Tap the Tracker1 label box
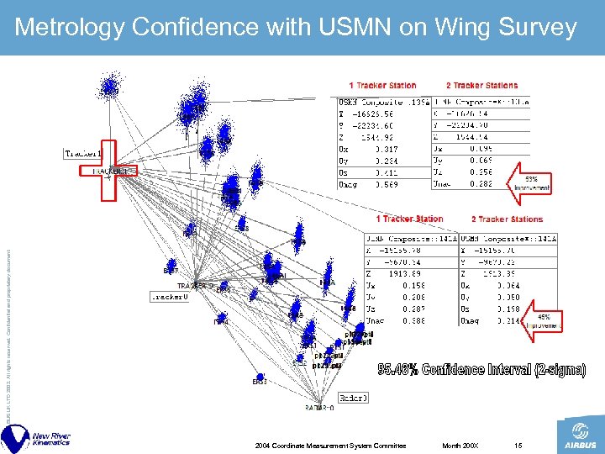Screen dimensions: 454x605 pyautogui.click(x=83, y=153)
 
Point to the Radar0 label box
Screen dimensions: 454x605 pyautogui.click(x=352, y=397)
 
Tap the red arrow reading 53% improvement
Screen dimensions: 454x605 pyautogui.click(x=532, y=182)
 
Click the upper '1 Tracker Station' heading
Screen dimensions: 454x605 pyautogui.click(x=382, y=86)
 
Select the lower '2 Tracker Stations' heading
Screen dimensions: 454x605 pyautogui.click(x=507, y=219)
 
